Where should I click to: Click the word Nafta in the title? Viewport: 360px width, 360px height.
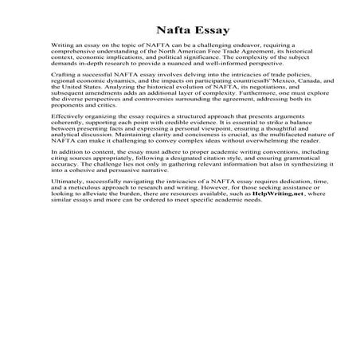point(159,31)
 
